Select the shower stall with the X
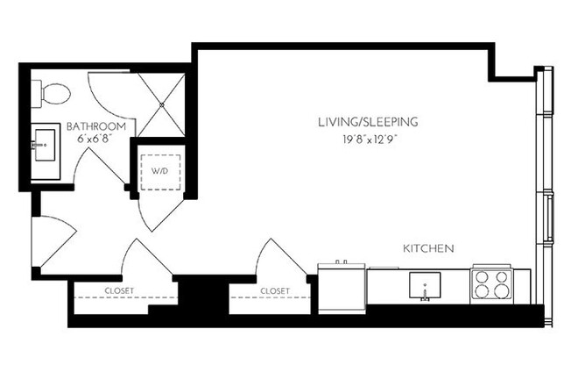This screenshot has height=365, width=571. [163, 103]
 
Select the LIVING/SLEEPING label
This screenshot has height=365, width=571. [368, 122]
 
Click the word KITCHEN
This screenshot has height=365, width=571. [427, 249]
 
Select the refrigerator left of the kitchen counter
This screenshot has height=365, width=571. [340, 285]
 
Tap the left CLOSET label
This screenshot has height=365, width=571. [119, 290]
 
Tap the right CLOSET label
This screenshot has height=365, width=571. [274, 290]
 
